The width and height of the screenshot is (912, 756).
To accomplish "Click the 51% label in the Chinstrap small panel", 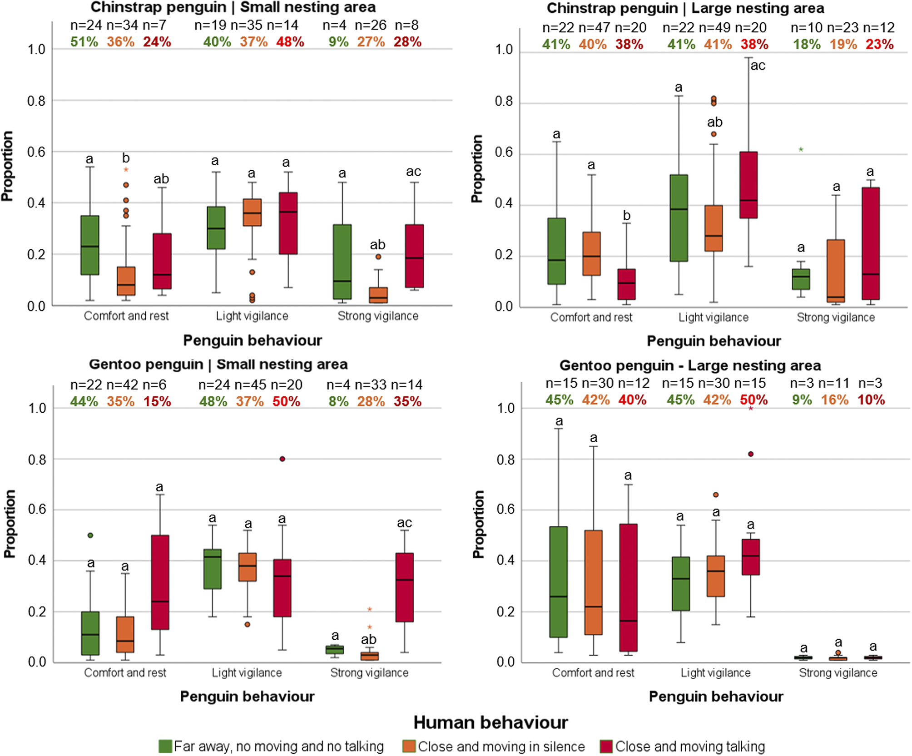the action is (84, 42).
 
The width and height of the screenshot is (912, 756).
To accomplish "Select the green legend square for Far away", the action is (165, 746).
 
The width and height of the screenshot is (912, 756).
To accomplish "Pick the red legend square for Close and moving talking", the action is (606, 746).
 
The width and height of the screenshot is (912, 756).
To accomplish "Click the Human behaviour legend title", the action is (491, 722).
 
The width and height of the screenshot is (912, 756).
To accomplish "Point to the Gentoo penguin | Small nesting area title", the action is (218, 364).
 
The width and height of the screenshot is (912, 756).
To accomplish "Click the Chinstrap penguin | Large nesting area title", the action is (685, 8).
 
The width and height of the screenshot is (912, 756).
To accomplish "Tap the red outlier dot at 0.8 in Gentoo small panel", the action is (282, 459).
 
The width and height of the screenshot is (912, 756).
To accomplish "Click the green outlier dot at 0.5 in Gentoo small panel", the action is (90, 535).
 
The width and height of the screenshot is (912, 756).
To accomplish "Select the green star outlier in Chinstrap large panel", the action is (801, 149).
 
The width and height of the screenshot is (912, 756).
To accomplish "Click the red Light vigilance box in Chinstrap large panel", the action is (748, 185).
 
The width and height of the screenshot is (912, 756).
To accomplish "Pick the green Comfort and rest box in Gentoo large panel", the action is (558, 582).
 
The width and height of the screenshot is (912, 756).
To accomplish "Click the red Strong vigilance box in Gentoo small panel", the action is (405, 587).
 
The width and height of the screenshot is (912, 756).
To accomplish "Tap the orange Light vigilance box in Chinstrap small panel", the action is (253, 212).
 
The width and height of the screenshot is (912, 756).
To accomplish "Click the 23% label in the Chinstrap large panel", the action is (880, 44).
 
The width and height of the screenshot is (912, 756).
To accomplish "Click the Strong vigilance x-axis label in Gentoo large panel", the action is (838, 672).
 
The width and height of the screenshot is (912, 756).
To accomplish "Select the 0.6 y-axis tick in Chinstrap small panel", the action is (36, 152).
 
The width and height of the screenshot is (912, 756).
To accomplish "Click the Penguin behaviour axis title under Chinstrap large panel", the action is (714, 341).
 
